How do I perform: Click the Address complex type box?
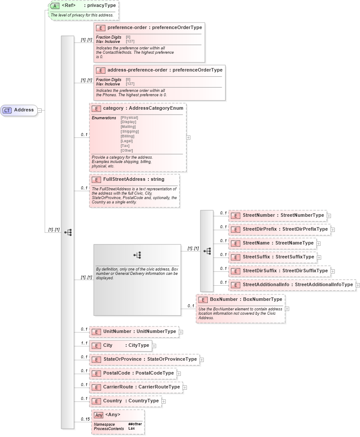point(19,110)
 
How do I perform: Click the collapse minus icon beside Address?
point(39,110)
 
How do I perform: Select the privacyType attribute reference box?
point(82,6)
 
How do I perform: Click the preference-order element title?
point(154,27)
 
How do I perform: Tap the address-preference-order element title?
point(165,70)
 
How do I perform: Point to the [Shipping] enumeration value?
point(130,131)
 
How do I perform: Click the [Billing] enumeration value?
point(128,136)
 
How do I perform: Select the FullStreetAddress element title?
point(134,179)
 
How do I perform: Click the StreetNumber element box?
point(278,215)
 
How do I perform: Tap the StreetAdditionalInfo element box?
point(292,285)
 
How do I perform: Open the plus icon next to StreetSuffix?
point(319,257)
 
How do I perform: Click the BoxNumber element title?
point(246,299)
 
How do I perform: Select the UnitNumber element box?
point(134,332)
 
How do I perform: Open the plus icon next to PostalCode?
point(179,373)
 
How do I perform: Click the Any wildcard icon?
point(99,415)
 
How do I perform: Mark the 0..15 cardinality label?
point(85,419)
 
